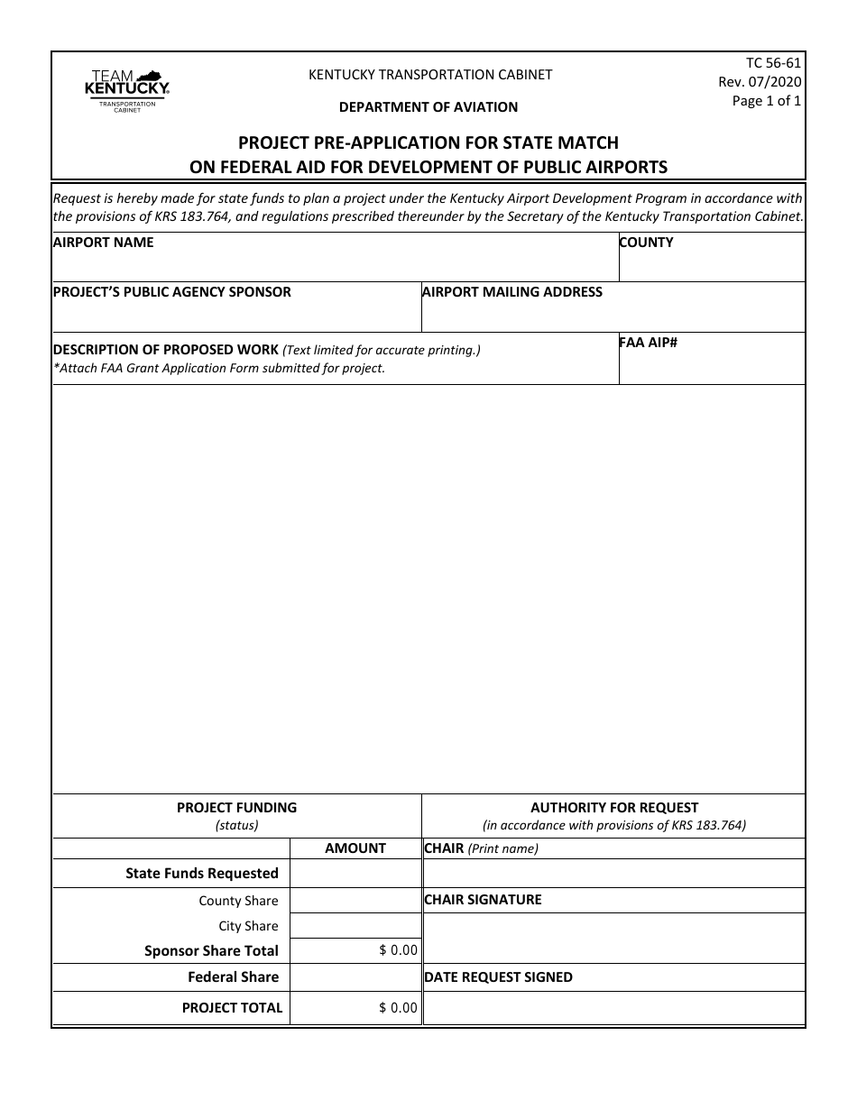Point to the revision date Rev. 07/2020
point(759,82)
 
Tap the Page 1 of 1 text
point(766,101)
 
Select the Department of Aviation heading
point(428,107)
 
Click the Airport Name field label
point(104,243)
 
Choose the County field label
point(646,243)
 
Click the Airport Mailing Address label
point(512,292)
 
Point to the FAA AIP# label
point(648,343)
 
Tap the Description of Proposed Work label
point(167,350)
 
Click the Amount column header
point(355,848)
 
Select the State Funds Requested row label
point(202,873)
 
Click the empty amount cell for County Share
point(355,901)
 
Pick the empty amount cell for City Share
point(355,926)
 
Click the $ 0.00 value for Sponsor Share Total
point(398,950)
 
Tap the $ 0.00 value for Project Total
point(398,1008)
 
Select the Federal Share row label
point(233,977)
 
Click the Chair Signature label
point(483,900)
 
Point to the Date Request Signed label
point(498,977)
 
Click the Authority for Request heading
point(613,808)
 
